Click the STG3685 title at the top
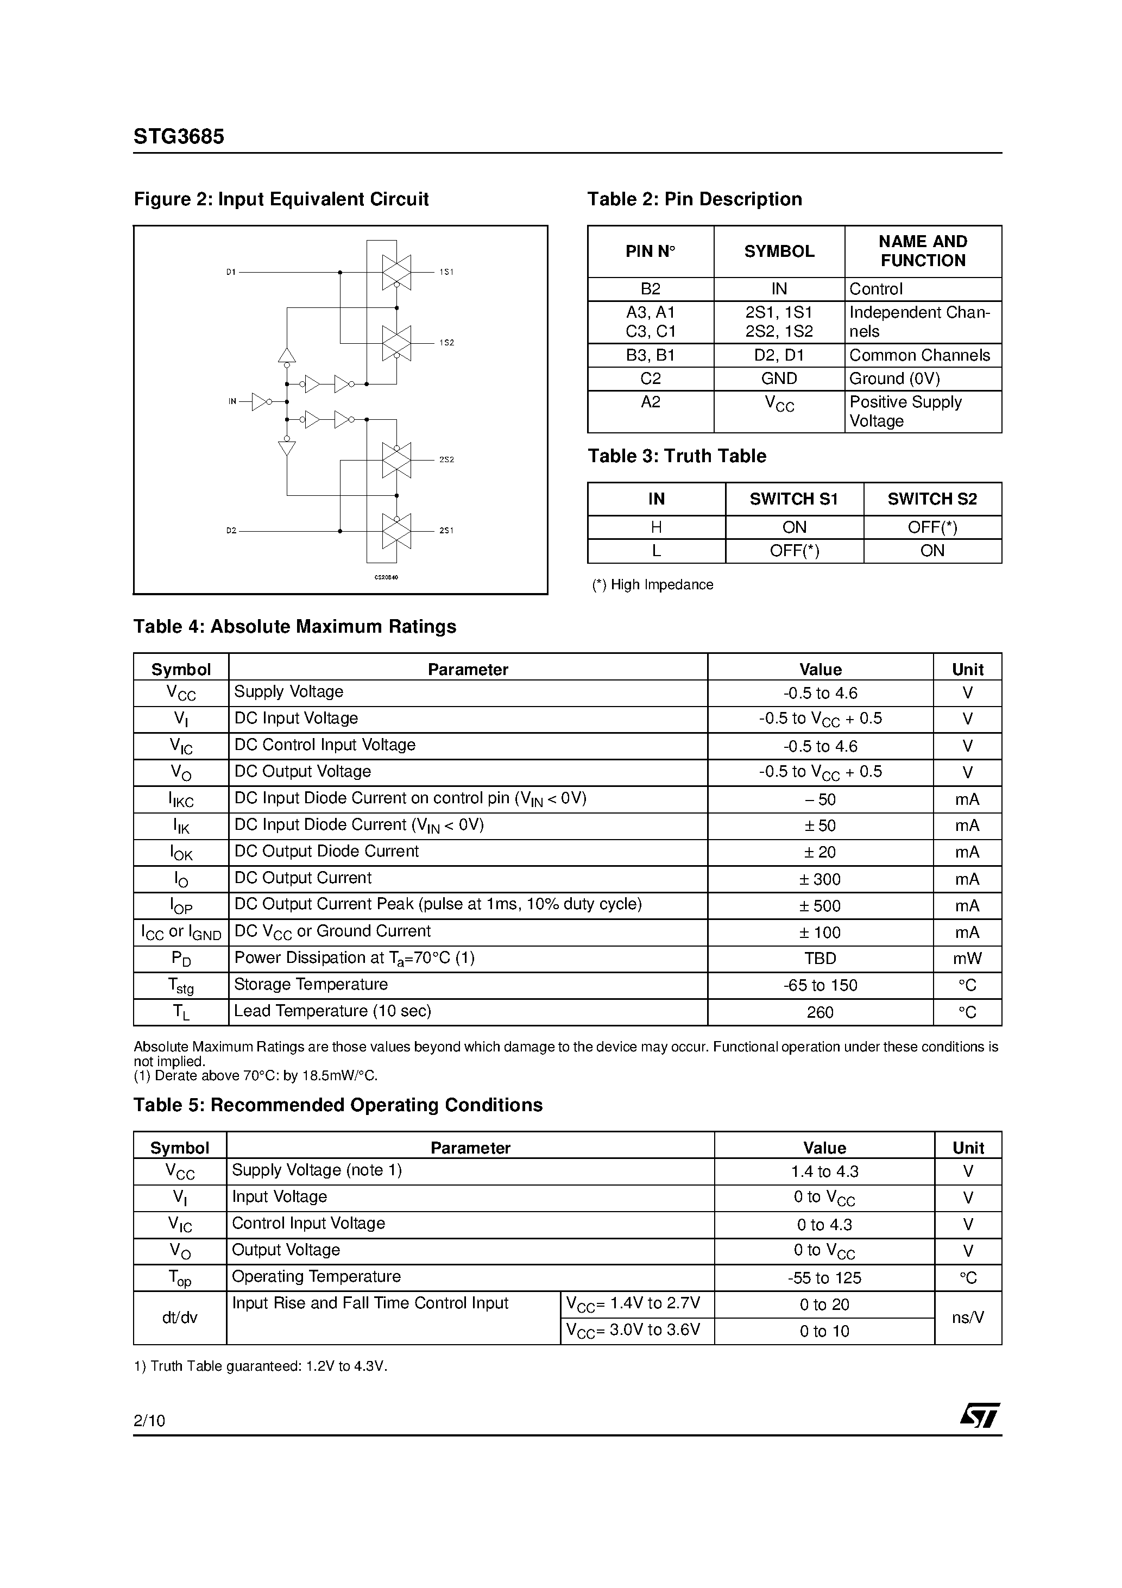pyautogui.click(x=179, y=137)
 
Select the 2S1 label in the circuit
pyautogui.click(x=446, y=531)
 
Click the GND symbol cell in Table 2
pyautogui.click(x=779, y=379)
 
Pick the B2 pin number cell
pyautogui.click(x=650, y=289)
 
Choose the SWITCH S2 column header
pyautogui.click(x=932, y=499)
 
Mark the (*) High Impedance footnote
pyautogui.click(x=652, y=584)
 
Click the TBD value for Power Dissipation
pyautogui.click(x=821, y=959)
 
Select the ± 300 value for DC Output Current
pyautogui.click(x=821, y=879)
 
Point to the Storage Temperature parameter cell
pyautogui.click(x=311, y=984)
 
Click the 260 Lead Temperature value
pyautogui.click(x=821, y=1012)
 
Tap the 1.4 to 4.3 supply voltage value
pyautogui.click(x=824, y=1171)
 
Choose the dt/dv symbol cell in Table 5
pyautogui.click(x=180, y=1318)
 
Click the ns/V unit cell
pyautogui.click(x=968, y=1318)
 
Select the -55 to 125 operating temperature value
pyautogui.click(x=824, y=1278)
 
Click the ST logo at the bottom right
pyautogui.click(x=979, y=1415)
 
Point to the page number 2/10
pyautogui.click(x=149, y=1421)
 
